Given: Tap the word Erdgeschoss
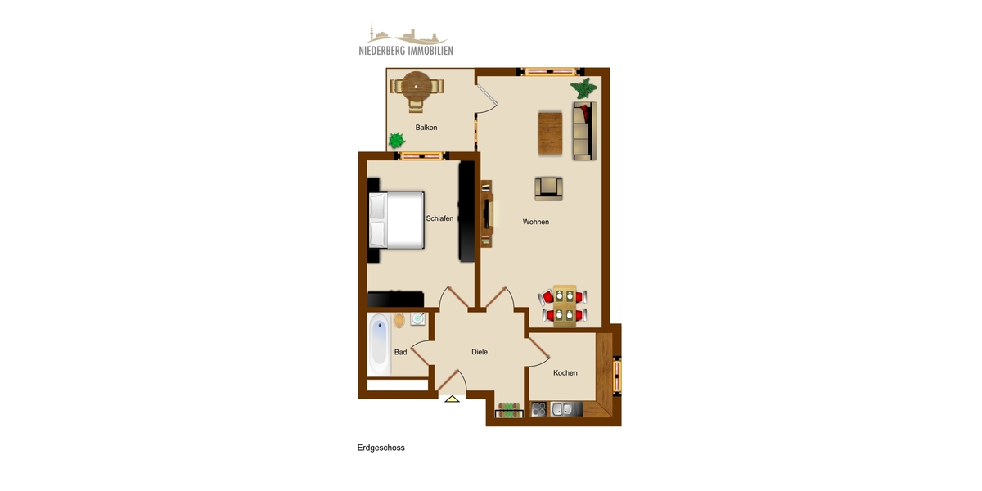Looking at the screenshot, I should pos(381,448).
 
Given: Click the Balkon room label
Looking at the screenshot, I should pos(426,128).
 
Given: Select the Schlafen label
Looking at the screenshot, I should pos(439,218).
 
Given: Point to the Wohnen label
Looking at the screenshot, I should pos(536,222).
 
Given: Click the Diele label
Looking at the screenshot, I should pos(480,352).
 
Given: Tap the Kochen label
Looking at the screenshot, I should pos(565,373).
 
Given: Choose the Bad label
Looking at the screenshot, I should pos(400,352).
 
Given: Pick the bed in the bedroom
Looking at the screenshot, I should pos(399,219).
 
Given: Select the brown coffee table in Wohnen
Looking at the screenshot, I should pos(550,133).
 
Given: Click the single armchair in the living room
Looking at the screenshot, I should pos(549,188).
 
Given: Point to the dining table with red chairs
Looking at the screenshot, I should pos(563,304).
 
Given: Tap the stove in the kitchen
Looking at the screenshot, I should pos(539,409).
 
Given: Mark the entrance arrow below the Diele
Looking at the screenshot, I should pos(452,399).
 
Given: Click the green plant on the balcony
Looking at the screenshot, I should pos(396,140).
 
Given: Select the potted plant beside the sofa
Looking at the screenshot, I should pos(583,88).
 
